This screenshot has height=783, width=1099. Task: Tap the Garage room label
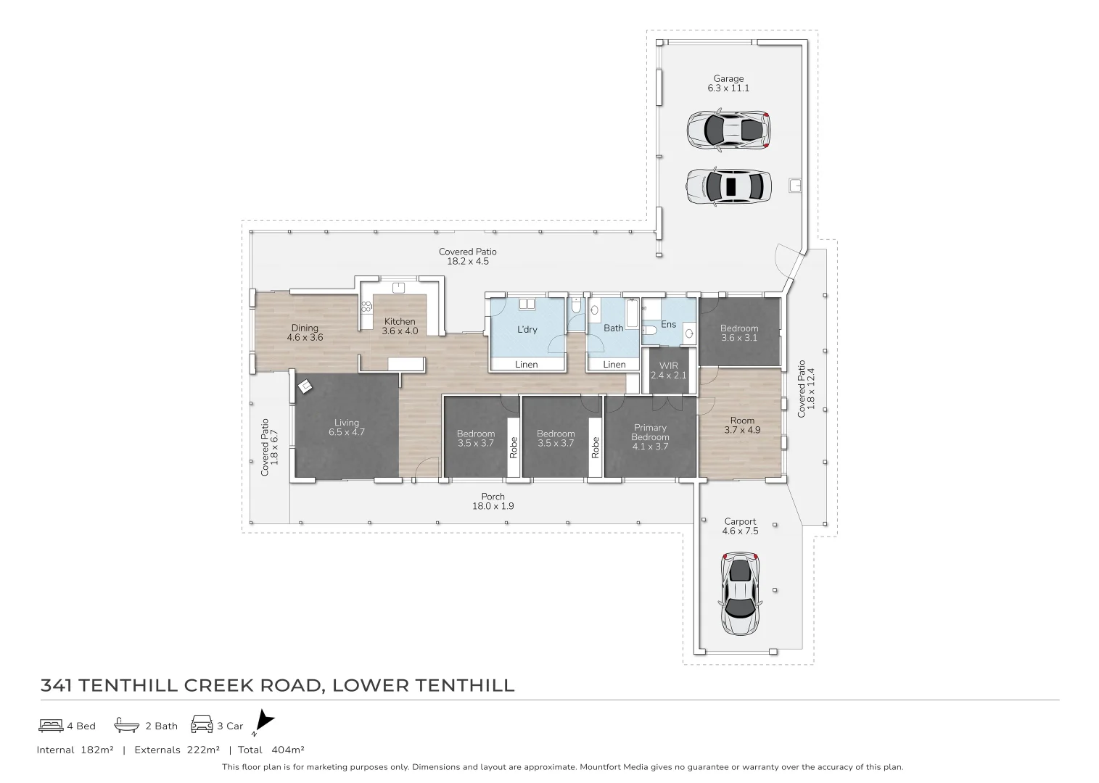coord(728,83)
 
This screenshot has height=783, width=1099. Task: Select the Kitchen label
coord(400,326)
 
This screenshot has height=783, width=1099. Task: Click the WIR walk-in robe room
coord(668,370)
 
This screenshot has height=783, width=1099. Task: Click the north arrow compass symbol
coord(265,722)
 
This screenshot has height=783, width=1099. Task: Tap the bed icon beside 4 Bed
coord(51,725)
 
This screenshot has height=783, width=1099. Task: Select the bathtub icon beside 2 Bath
coord(126,725)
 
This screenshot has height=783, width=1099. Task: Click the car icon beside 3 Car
coord(201,725)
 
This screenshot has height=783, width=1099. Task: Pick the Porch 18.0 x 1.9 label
coord(493,501)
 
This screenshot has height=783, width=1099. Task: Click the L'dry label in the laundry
coord(527,329)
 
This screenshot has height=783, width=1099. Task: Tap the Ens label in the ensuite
coord(668,324)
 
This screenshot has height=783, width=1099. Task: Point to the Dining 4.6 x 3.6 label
coord(305,333)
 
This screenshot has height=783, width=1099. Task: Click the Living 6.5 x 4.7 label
coord(347,427)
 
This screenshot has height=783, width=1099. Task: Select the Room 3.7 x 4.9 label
coord(742,425)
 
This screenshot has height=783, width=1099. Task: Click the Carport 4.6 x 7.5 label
coord(740,526)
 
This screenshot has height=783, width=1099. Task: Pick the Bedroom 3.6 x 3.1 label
coord(739,333)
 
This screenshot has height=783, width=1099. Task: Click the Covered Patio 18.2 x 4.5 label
coord(468,257)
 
